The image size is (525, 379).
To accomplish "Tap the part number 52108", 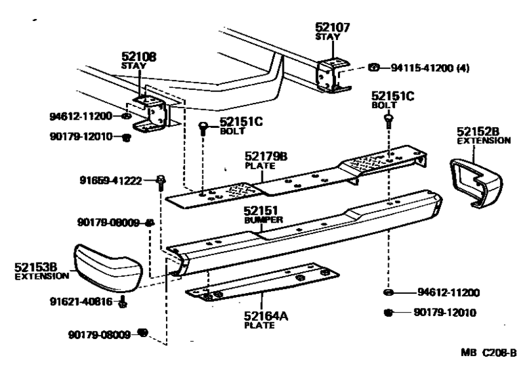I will [x=139, y=58].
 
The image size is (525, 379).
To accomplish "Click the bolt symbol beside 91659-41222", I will [x=161, y=181].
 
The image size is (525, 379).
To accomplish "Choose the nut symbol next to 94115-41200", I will [x=375, y=68].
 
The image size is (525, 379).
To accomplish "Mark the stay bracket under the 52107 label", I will [x=332, y=74].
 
